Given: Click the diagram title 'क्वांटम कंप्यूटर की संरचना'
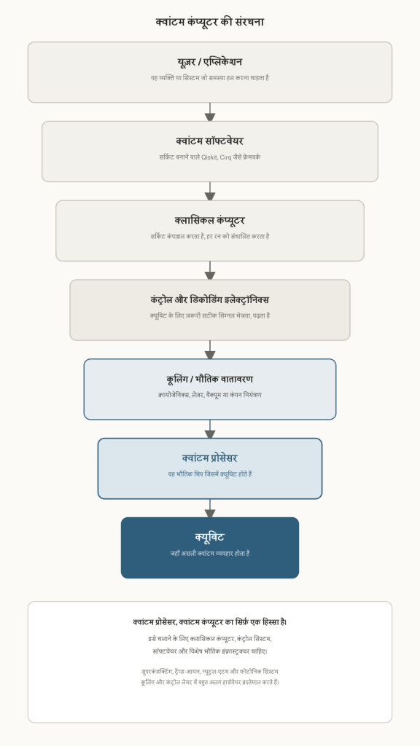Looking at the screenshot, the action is click(209, 22).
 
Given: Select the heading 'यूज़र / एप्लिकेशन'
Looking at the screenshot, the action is click(209, 62).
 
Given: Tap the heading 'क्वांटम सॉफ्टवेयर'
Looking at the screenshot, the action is click(209, 141).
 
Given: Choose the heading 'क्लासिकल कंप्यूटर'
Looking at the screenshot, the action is click(209, 221).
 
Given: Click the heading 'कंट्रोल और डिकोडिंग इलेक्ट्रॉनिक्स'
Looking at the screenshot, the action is click(209, 300).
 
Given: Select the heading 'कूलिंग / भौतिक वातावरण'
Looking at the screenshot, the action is click(209, 380).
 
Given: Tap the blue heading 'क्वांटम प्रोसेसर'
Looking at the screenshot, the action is click(209, 459).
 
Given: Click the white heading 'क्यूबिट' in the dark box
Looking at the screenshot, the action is click(209, 538).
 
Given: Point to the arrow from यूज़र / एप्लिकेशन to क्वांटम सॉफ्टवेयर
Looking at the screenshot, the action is click(210, 111).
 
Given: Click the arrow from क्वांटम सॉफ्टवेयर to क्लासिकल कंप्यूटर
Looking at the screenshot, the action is click(210, 192).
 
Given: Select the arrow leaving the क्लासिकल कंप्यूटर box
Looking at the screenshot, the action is click(210, 270).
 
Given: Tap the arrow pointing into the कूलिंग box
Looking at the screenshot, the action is click(210, 350).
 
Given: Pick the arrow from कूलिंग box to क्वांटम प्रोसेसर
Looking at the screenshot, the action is click(210, 429).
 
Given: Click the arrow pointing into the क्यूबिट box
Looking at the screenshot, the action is click(210, 509).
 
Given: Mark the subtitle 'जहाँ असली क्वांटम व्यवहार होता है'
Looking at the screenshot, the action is click(210, 554).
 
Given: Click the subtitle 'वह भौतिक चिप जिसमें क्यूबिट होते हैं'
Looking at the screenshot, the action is click(210, 474).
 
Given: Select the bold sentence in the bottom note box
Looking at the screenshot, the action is click(210, 622).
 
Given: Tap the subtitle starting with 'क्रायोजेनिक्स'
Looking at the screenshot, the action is click(210, 395).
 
